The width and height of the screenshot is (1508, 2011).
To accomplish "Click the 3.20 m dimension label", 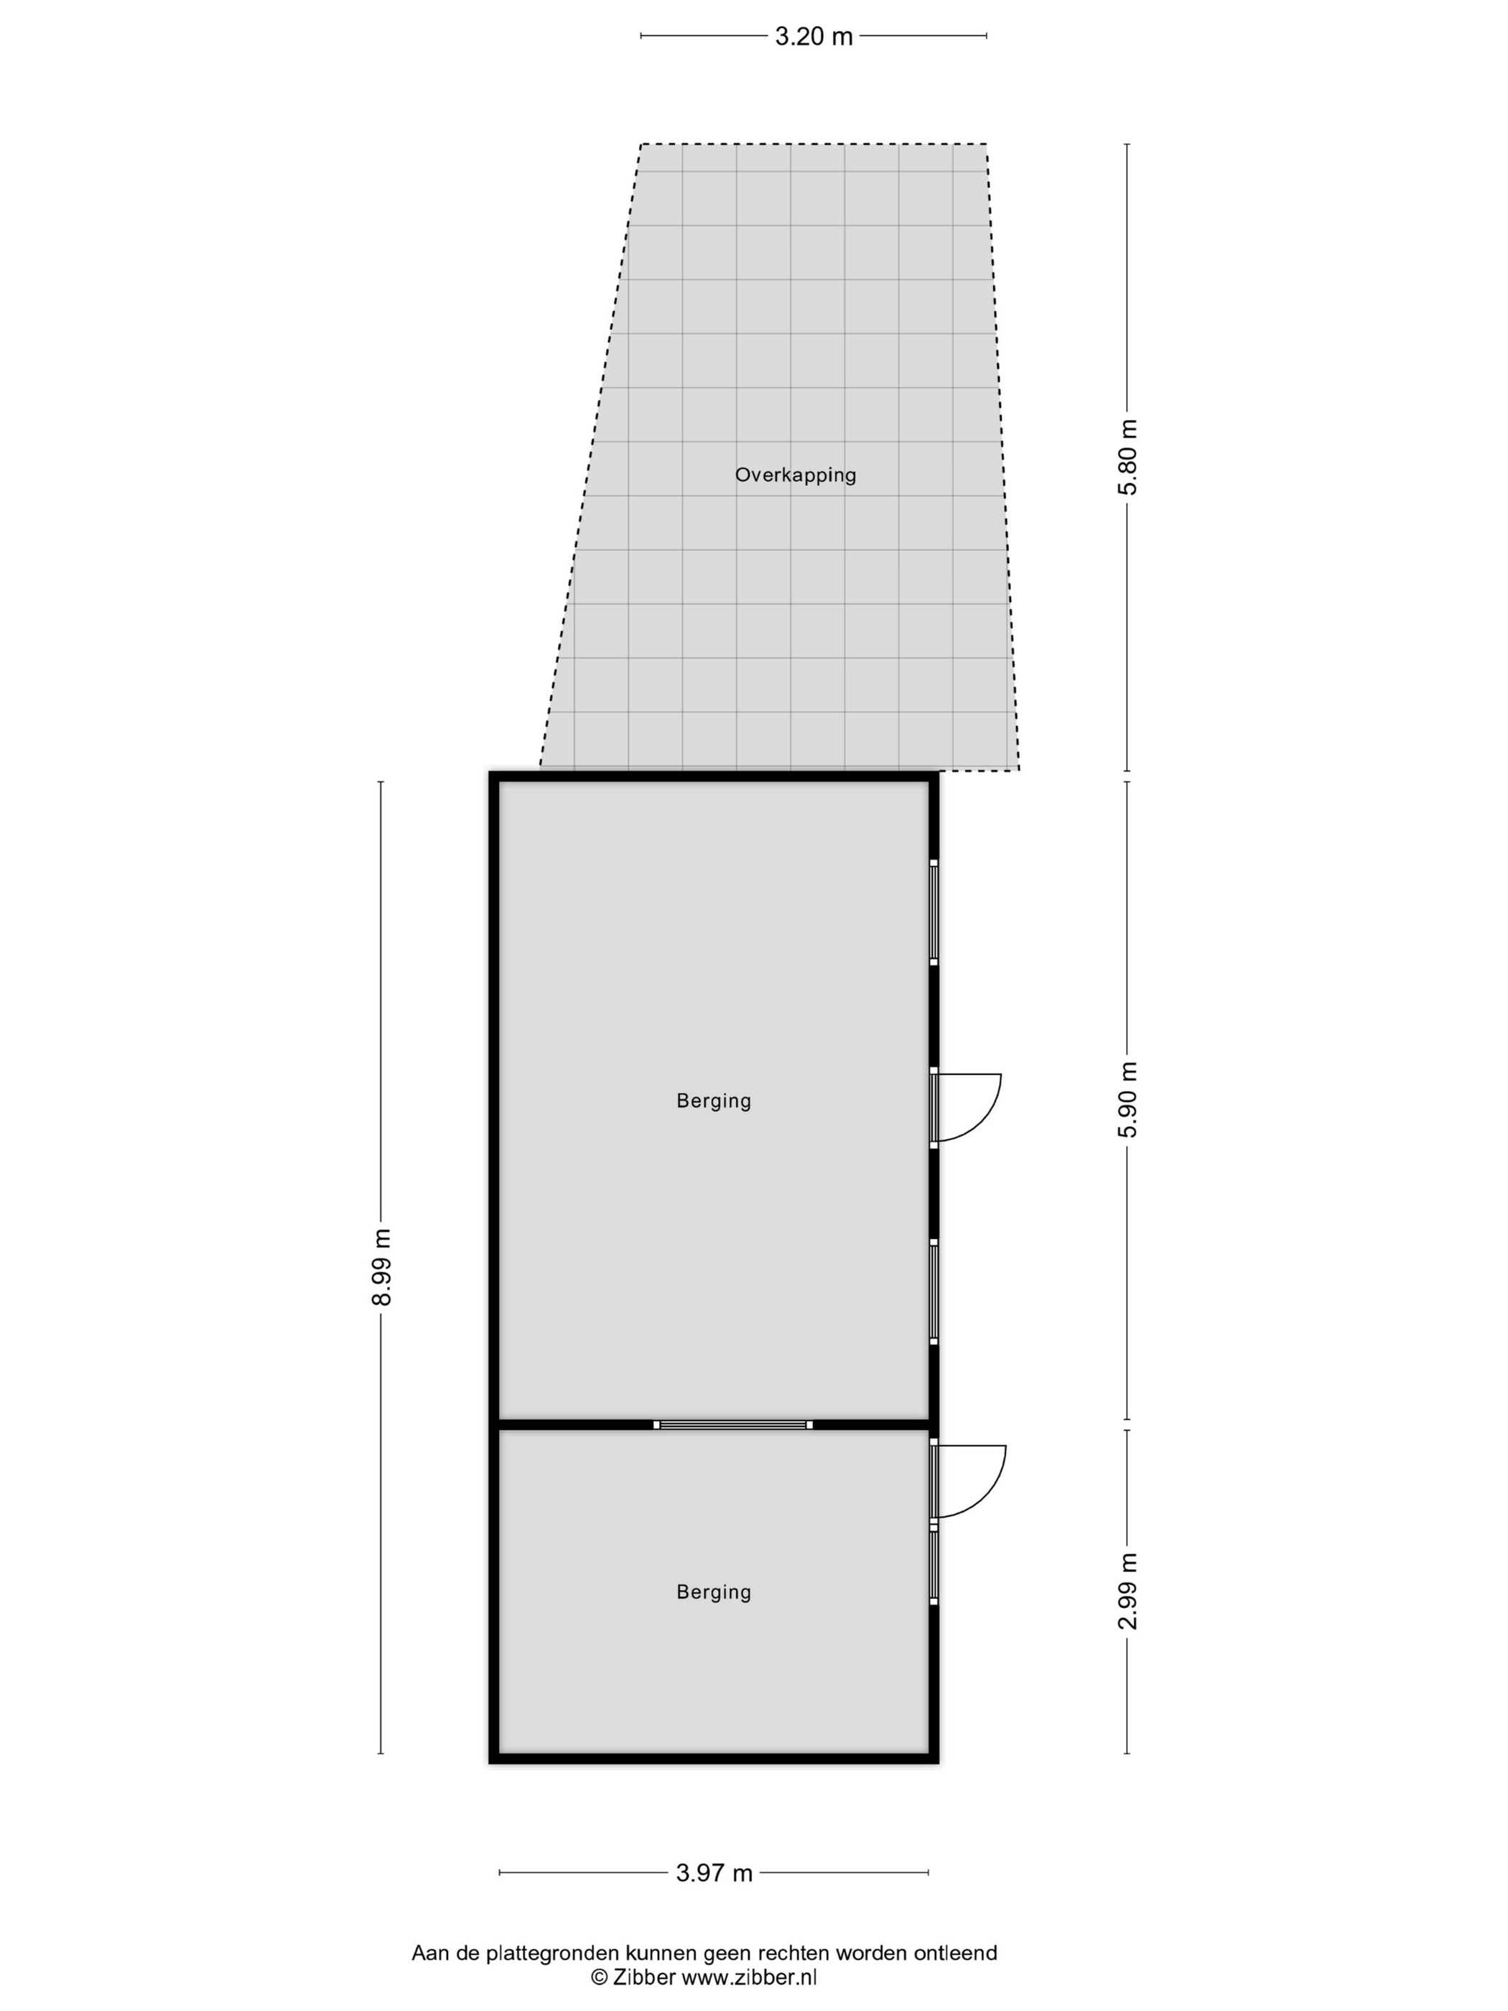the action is tap(814, 37).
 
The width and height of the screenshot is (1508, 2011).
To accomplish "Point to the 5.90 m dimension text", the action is tap(1127, 1098).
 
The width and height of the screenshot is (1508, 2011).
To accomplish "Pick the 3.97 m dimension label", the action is tap(715, 1873).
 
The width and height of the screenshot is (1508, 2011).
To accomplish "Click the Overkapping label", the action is tap(796, 475).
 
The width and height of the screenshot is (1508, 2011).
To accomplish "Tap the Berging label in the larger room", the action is tap(714, 1101).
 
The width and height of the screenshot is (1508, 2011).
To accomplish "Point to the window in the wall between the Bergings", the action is tap(732, 1425).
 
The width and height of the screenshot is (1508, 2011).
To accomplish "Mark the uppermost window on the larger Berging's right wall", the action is tap(934, 912).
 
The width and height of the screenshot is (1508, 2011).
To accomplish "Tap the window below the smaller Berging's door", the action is tap(934, 1564).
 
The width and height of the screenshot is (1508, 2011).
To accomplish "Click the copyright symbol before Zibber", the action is tap(599, 1977).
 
